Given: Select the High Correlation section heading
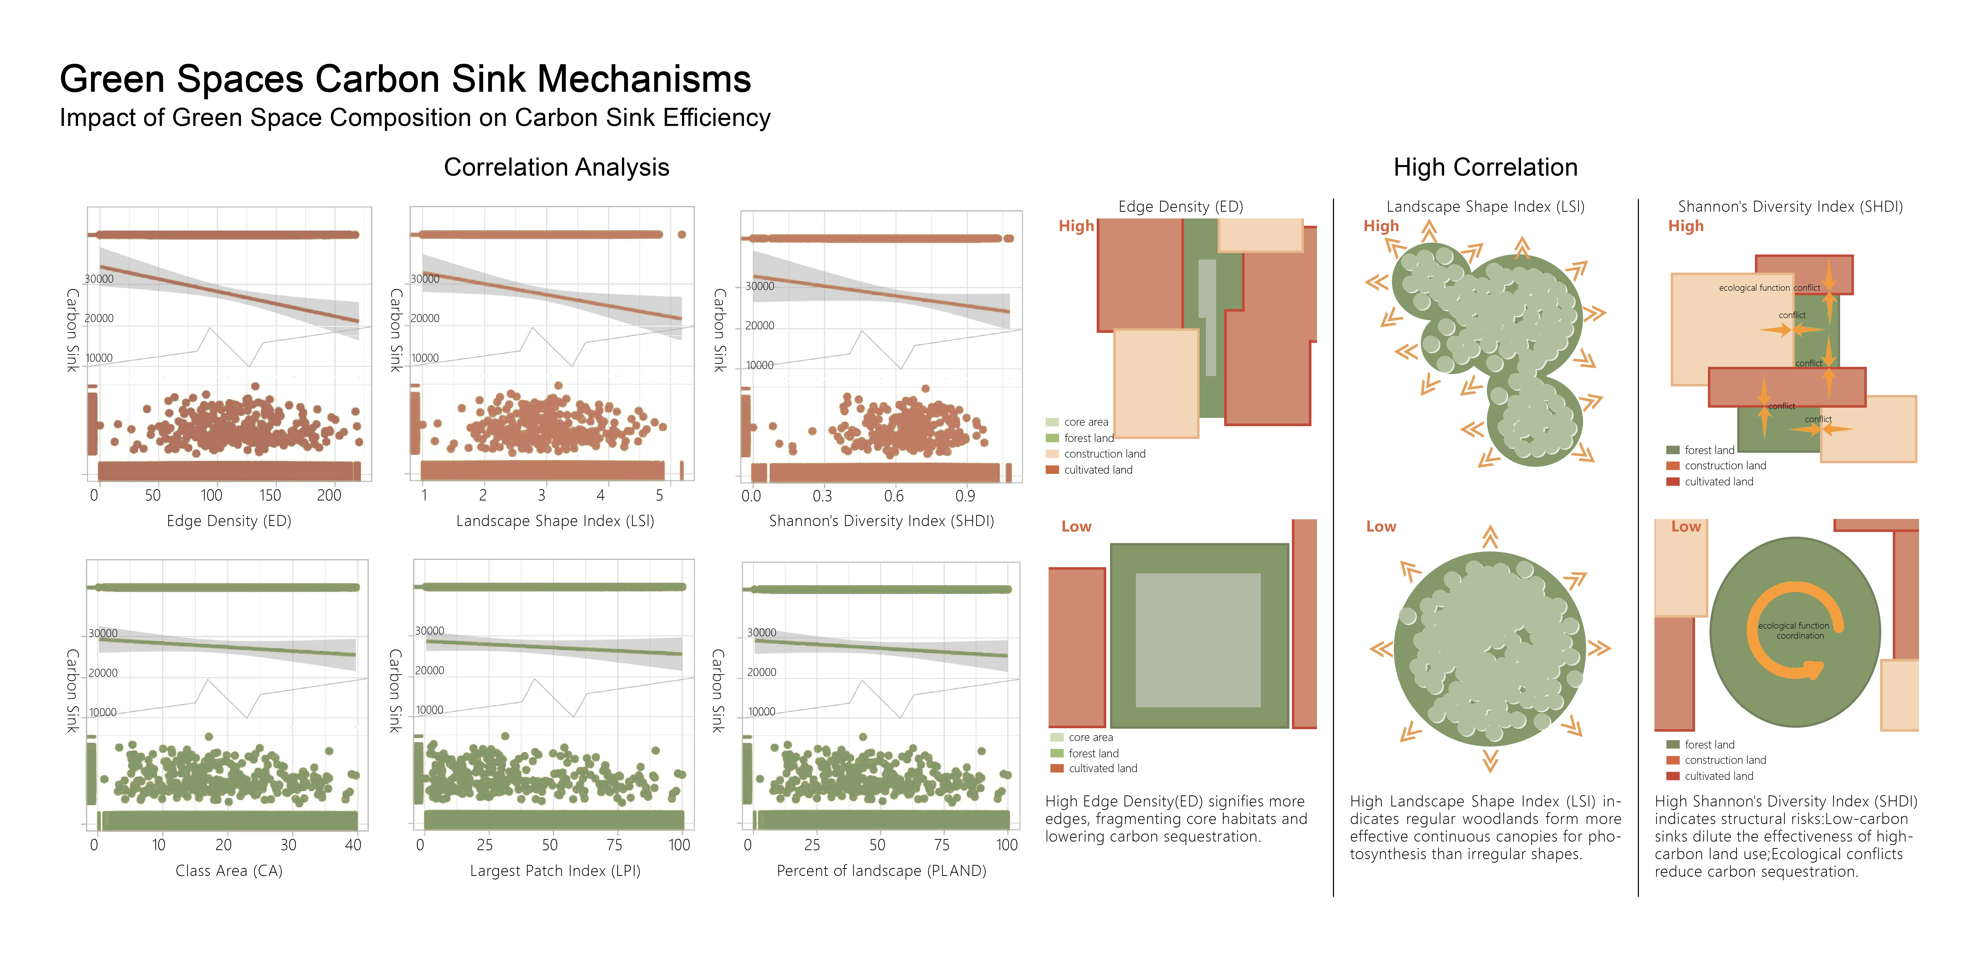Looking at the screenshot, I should [x=1485, y=167].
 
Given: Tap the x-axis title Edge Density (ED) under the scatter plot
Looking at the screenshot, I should [x=229, y=521].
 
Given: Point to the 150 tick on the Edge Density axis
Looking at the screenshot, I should [x=270, y=496].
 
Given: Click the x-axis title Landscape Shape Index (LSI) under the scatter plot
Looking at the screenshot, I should [x=555, y=521].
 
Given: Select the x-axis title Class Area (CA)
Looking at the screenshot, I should [x=229, y=871].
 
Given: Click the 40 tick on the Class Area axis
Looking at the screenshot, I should [x=353, y=845].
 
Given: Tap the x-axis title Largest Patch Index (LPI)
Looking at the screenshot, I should [x=555, y=871].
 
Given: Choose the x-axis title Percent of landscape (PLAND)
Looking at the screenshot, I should [x=881, y=871].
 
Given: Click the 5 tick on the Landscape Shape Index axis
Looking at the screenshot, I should [x=659, y=496].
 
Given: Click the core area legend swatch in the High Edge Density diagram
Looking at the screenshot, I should [x=1052, y=422].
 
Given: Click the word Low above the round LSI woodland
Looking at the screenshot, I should [x=1381, y=527].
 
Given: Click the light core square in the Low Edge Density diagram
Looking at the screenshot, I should [x=1197, y=640].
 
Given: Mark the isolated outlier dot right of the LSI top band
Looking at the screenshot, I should [x=682, y=234].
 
